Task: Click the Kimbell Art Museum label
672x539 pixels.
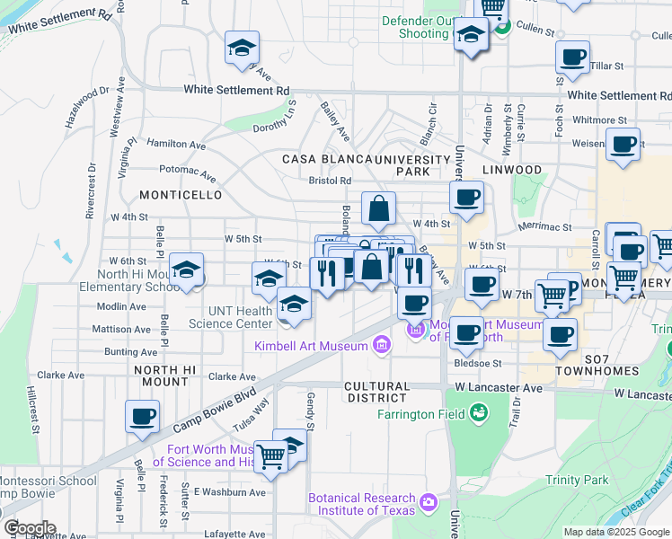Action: pyautogui.click(x=311, y=346)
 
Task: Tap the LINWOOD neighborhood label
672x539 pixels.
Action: pyautogui.click(x=512, y=170)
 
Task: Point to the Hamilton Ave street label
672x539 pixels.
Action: pyautogui.click(x=176, y=144)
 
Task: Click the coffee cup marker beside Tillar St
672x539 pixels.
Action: pyautogui.click(x=572, y=59)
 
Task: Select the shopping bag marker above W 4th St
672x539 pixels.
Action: pyautogui.click(x=379, y=209)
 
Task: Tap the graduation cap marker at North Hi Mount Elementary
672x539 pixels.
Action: pyautogui.click(x=186, y=270)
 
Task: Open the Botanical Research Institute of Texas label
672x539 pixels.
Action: pyautogui.click(x=361, y=504)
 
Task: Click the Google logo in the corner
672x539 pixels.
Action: pyautogui.click(x=29, y=528)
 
